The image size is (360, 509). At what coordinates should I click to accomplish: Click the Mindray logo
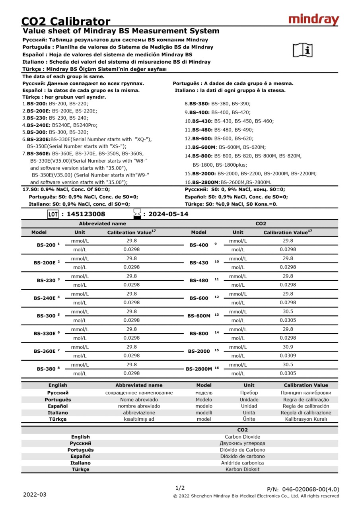(313, 19)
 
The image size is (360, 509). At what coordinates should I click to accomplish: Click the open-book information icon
(303, 50)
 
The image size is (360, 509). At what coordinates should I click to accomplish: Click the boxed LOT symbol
(53, 214)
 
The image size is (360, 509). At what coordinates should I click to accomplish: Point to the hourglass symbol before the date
(137, 214)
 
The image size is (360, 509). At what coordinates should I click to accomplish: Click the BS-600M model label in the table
(199, 316)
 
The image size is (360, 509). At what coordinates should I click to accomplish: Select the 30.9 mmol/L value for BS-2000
(288, 347)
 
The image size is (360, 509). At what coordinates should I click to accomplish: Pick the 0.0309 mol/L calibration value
(288, 356)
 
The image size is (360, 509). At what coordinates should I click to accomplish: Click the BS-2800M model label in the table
(199, 369)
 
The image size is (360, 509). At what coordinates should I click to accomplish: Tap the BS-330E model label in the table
(45, 333)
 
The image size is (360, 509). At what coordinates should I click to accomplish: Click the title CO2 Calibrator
(66, 21)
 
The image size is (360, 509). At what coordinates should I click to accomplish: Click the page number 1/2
(180, 488)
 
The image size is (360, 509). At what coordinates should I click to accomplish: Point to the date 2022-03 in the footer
(35, 494)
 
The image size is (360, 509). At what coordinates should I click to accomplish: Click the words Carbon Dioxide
(242, 437)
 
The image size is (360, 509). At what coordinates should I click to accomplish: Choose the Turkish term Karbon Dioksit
(242, 469)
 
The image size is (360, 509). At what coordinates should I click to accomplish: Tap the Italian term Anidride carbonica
(242, 463)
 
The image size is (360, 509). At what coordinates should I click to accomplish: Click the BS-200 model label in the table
(45, 245)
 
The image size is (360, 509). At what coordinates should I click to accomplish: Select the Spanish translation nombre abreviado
(139, 406)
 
